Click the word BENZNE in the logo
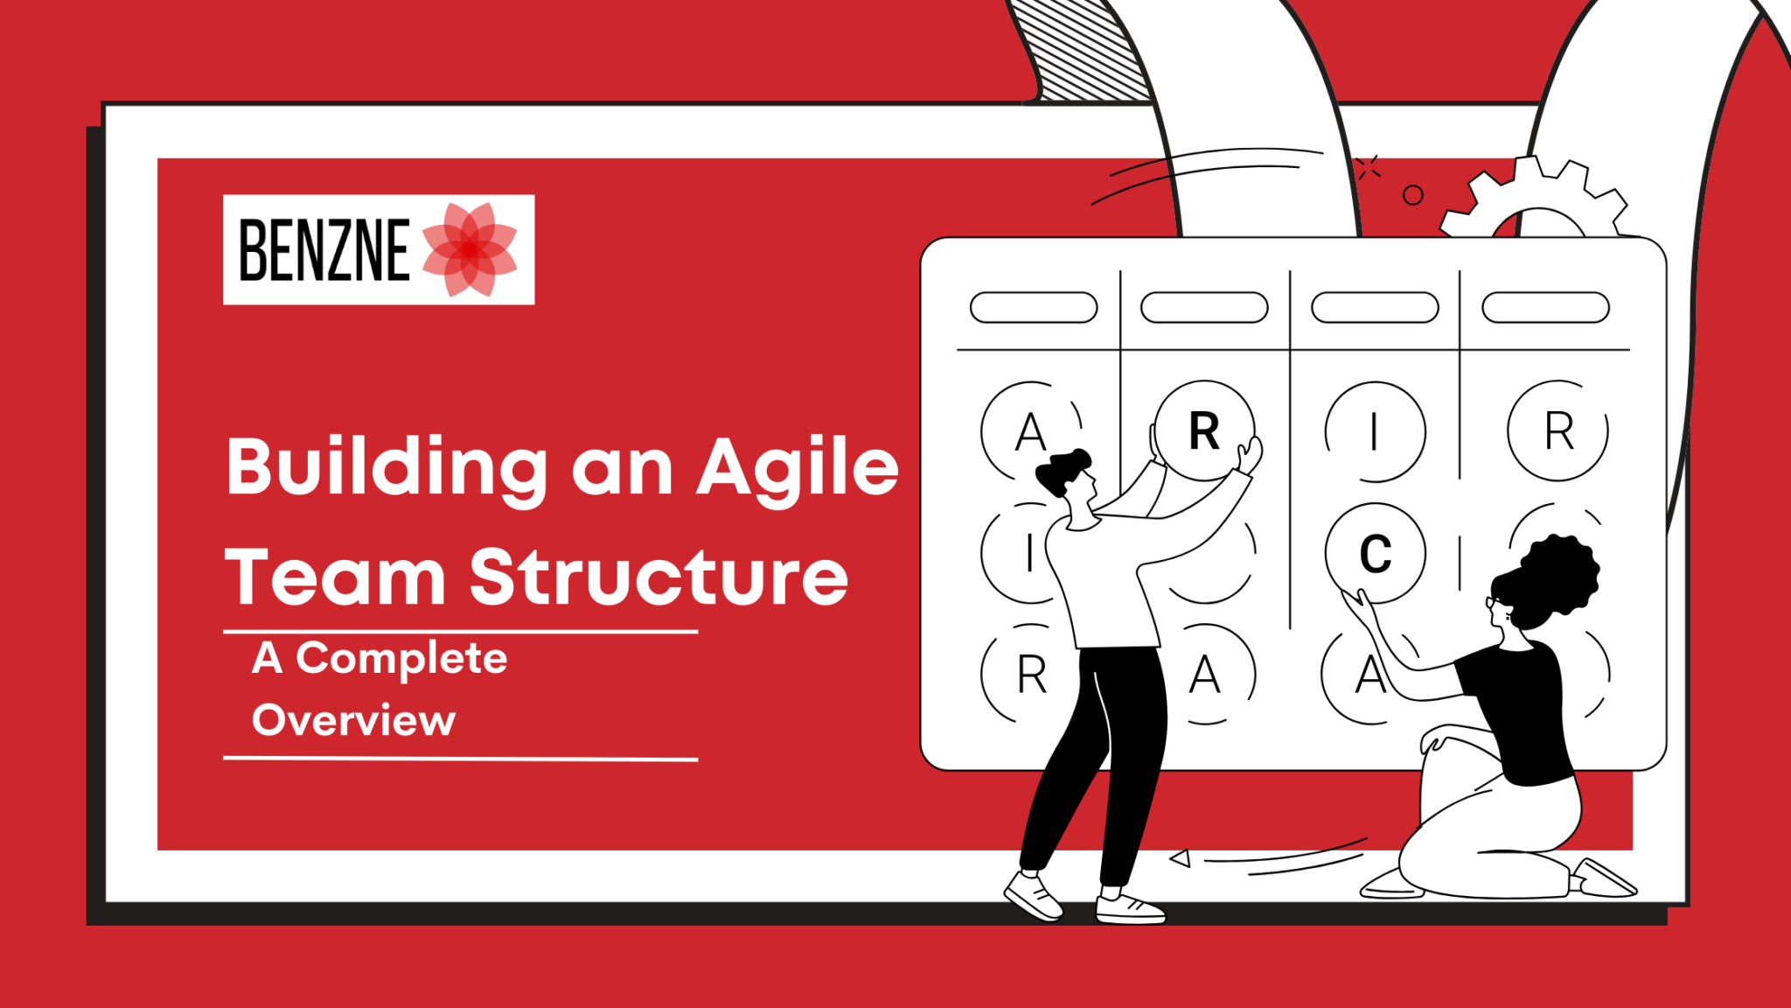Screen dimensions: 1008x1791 click(x=324, y=250)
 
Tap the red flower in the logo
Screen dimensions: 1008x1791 click(x=470, y=249)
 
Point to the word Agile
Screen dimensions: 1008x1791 click(x=798, y=468)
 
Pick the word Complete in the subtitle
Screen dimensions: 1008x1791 click(x=401, y=659)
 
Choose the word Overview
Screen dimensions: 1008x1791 click(x=353, y=720)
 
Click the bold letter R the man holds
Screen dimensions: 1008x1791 click(x=1204, y=430)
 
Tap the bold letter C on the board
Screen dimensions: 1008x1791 click(x=1375, y=554)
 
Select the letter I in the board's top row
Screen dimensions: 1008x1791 click(x=1375, y=431)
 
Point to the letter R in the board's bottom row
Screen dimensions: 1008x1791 click(x=1032, y=675)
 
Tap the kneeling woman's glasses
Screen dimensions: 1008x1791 click(x=1494, y=602)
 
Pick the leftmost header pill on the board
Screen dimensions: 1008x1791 click(x=1034, y=308)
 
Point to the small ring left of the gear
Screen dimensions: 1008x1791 click(x=1412, y=195)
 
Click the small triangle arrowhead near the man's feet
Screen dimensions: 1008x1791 click(x=1181, y=858)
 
